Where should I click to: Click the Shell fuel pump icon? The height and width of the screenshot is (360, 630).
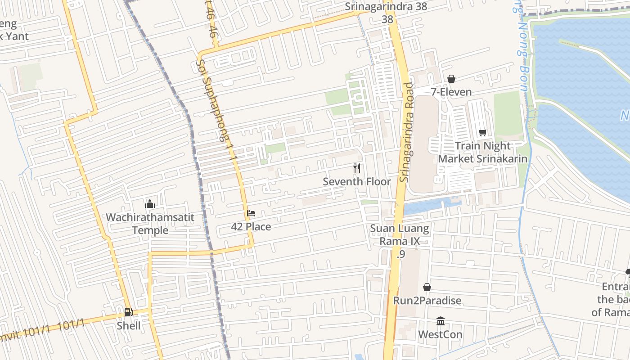(128, 312)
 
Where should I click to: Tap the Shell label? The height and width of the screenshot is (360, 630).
(129, 325)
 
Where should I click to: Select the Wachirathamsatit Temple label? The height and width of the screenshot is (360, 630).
(150, 224)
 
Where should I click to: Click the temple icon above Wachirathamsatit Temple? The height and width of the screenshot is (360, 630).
(150, 204)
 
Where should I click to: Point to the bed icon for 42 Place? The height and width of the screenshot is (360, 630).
(251, 213)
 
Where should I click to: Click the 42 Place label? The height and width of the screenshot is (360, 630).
(251, 226)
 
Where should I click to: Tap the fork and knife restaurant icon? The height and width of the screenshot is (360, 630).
(357, 168)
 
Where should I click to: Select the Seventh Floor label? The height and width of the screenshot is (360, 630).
(357, 181)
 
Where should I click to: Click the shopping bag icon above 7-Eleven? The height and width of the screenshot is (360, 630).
(451, 79)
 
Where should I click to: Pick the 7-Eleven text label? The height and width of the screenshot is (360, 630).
(451, 92)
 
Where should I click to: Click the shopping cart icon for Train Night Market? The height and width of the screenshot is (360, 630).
(483, 132)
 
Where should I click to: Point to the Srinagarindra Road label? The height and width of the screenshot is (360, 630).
(406, 132)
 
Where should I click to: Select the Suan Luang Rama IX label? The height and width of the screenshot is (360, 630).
(400, 235)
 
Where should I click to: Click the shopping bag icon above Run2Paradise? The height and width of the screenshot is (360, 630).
(427, 287)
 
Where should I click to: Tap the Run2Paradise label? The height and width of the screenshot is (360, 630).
(427, 300)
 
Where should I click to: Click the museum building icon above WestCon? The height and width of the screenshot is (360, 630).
(441, 321)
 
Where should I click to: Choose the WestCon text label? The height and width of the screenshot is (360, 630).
(440, 334)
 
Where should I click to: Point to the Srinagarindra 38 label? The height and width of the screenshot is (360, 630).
(386, 7)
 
